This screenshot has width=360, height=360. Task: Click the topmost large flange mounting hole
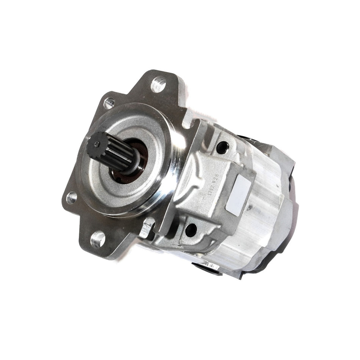[x=158, y=84]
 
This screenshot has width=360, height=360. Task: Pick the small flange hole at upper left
[x=109, y=102]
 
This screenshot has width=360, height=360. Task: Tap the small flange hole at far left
[x=72, y=197]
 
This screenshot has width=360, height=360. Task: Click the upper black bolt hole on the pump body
[x=222, y=147]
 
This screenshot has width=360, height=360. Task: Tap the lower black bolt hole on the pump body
[x=191, y=230]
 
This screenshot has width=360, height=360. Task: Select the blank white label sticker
[x=238, y=195]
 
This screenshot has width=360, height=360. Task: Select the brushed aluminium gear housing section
[x=261, y=220]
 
